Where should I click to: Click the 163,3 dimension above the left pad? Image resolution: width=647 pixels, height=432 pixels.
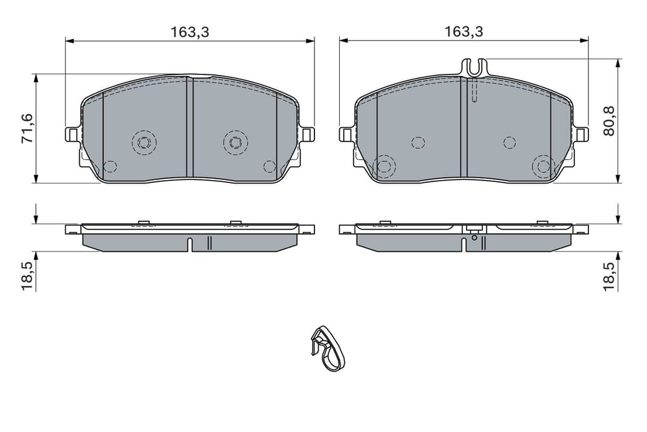click(x=189, y=32)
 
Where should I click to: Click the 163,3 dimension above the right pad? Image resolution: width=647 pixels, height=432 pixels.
click(x=464, y=32)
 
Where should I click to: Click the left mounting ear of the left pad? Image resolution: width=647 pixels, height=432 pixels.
click(x=71, y=134)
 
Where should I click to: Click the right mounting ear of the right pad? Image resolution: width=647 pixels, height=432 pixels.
click(x=582, y=134)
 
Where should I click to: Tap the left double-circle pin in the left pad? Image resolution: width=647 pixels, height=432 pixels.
click(x=144, y=142)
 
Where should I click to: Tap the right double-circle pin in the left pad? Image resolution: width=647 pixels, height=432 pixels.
click(x=235, y=142)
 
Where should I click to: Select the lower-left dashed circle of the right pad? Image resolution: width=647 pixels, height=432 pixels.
click(x=384, y=166)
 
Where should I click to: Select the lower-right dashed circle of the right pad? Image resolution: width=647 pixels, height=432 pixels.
click(x=544, y=166)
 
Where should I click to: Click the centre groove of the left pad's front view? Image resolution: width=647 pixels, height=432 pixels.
click(x=190, y=127)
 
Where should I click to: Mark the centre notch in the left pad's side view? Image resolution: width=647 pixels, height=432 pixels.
click(x=190, y=244)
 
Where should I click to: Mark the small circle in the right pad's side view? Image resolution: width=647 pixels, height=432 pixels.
click(x=474, y=238)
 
